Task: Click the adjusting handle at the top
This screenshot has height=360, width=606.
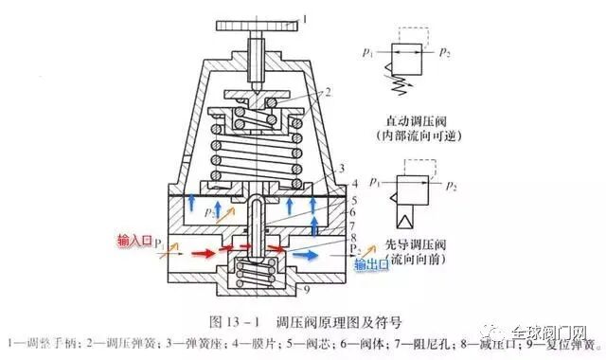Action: point(258,25)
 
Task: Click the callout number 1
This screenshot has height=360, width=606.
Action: point(306,16)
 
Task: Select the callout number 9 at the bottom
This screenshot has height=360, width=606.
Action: point(309,285)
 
